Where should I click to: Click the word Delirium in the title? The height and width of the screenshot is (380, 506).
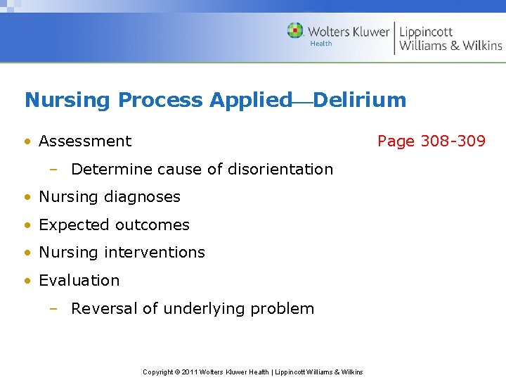point(360,100)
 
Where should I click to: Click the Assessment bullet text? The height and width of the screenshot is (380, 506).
point(85,141)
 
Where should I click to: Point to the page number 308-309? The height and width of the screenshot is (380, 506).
point(453,141)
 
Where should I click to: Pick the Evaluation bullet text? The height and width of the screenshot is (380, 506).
point(79,281)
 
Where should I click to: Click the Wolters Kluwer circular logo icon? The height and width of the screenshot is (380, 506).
point(295,31)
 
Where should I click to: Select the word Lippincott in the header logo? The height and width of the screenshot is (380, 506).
point(426,32)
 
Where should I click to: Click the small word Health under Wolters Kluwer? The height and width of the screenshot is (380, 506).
point(321,44)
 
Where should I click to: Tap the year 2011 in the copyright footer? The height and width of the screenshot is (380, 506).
point(188,372)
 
